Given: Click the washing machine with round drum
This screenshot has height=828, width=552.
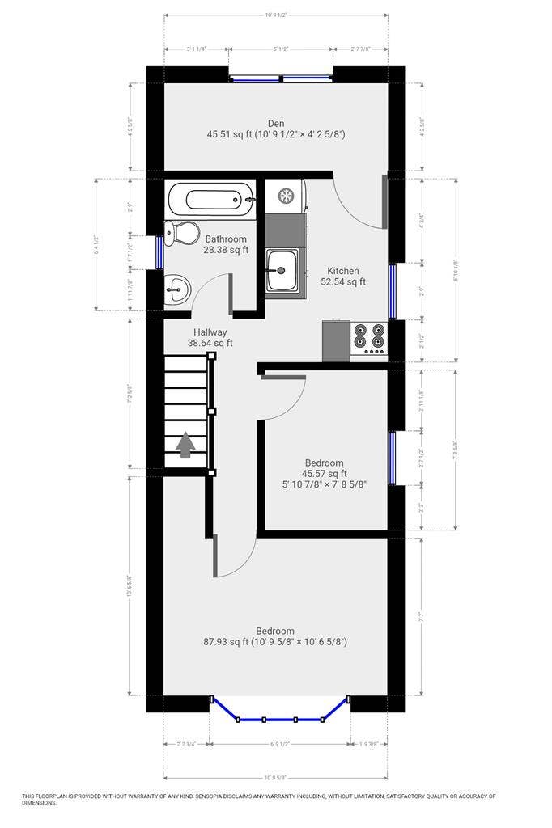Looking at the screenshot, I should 285,195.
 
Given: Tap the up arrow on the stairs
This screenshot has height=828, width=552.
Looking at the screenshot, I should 185,445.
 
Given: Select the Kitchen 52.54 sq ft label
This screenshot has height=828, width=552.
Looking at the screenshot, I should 343,277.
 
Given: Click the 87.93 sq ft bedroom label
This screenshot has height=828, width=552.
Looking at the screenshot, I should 275,636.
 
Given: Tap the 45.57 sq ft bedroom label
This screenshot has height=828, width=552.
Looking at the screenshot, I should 324,474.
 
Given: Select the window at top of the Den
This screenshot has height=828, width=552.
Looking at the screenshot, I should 280,78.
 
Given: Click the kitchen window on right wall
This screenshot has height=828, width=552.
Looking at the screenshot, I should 392,291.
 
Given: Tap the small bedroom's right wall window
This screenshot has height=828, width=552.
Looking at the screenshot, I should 392,458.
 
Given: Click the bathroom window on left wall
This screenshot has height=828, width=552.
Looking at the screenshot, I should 159,251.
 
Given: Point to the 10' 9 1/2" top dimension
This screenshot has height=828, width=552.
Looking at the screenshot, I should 276,15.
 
